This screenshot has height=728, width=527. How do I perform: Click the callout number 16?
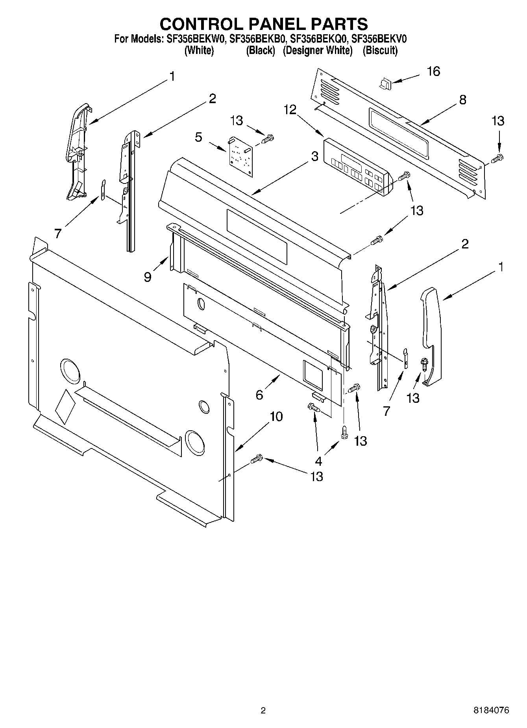point(433,72)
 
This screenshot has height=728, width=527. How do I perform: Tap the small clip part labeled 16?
point(385,83)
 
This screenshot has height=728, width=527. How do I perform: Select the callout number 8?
point(462,100)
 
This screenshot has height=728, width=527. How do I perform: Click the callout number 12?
point(290,110)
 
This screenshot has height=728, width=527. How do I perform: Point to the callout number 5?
point(199,137)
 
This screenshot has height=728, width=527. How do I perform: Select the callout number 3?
point(314,156)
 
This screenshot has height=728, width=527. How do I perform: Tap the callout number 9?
point(148,277)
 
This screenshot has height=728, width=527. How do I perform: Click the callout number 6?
point(259,394)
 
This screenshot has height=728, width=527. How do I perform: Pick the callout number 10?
point(276,416)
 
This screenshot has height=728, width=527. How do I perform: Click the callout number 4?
point(318,461)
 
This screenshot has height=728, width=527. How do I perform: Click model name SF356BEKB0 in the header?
point(255,39)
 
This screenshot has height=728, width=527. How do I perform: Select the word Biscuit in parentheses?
point(380,50)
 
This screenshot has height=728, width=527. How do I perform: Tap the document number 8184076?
point(491,710)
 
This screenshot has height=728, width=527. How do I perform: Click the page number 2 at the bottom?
point(263,710)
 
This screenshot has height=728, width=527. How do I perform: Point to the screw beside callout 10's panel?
point(257,458)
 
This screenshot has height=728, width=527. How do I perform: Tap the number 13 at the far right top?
point(498,121)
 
